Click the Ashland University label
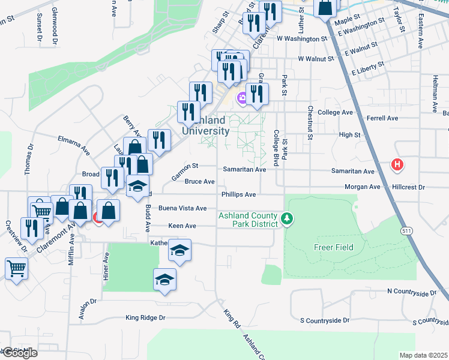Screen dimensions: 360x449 pos(205,125)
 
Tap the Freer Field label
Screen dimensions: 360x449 pos(333,247)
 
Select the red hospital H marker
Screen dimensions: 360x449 pos(396,163)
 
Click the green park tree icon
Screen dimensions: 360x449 pos(288,219)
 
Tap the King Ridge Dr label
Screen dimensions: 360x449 pos(145,317)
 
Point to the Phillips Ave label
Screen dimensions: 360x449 pos(238,194)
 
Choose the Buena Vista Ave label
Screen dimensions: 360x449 pos(182,208)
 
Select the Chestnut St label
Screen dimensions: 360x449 pos(310,123)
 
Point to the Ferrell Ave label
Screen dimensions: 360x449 pos(384,118)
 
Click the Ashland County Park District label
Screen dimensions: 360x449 pos(248,220)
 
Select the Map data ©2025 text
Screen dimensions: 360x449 pos(423,355)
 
